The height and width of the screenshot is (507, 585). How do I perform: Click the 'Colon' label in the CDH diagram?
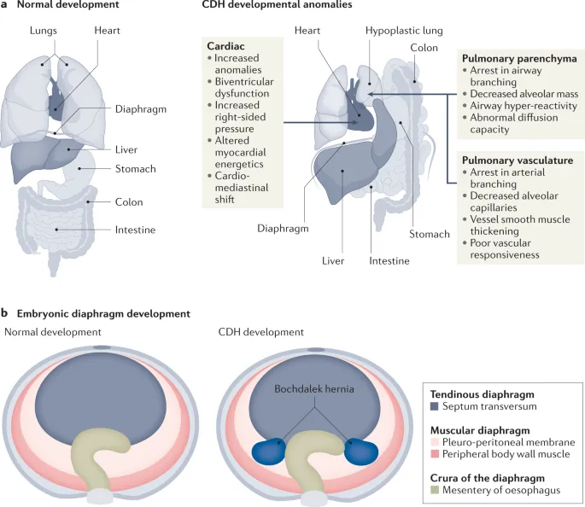coord(424,48)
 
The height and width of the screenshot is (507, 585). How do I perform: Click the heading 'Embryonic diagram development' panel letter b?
coord(5,314)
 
